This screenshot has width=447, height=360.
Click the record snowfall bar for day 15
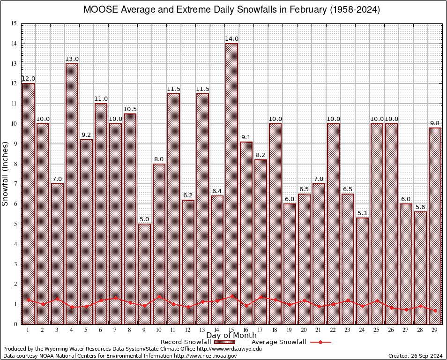coord(231,183)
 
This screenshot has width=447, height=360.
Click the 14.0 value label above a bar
coord(231,39)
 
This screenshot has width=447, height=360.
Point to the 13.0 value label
coord(72,59)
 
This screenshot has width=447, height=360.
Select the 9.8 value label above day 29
coord(435,123)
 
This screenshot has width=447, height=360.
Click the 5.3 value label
coord(362,213)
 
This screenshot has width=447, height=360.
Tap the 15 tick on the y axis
coord(14,23)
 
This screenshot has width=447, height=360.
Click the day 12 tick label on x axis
coord(188,330)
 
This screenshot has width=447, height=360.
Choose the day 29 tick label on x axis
coord(435,330)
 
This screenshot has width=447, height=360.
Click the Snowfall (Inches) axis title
coord(6,174)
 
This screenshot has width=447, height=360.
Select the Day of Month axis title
coord(231,336)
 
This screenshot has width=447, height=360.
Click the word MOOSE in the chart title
coord(98,10)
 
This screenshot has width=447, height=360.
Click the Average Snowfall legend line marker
coord(320,342)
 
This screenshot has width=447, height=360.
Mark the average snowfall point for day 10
coord(159,296)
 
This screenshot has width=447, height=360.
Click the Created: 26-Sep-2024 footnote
coord(416,356)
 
